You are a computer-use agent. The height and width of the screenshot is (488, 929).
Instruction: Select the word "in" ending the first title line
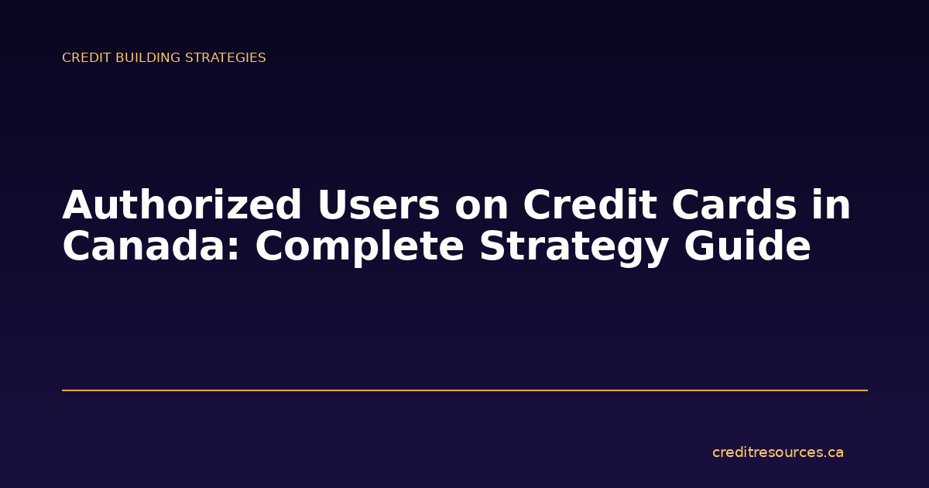click(833, 206)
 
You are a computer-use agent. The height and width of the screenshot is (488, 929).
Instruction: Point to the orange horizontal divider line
click(464, 390)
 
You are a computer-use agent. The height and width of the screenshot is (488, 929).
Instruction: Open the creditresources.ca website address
click(777, 452)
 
